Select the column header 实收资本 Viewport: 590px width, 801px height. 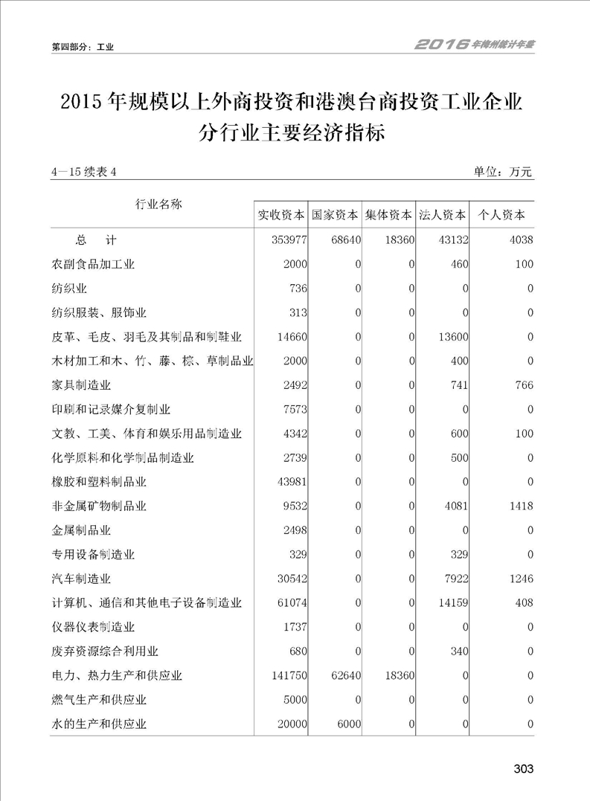[x=281, y=216]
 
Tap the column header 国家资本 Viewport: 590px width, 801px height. [x=336, y=216]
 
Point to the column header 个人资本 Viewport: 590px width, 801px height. [x=501, y=216]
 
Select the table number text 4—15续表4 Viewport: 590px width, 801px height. [x=85, y=173]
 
